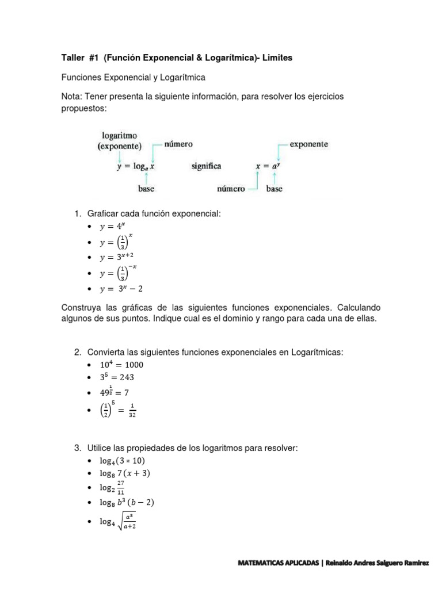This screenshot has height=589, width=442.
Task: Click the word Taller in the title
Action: click(74, 59)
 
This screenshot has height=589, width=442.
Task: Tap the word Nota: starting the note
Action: click(73, 97)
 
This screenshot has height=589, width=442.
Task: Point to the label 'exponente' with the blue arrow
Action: click(309, 144)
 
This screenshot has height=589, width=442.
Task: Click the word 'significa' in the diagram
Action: click(207, 166)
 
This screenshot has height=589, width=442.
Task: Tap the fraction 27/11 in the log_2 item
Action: click(120, 488)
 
